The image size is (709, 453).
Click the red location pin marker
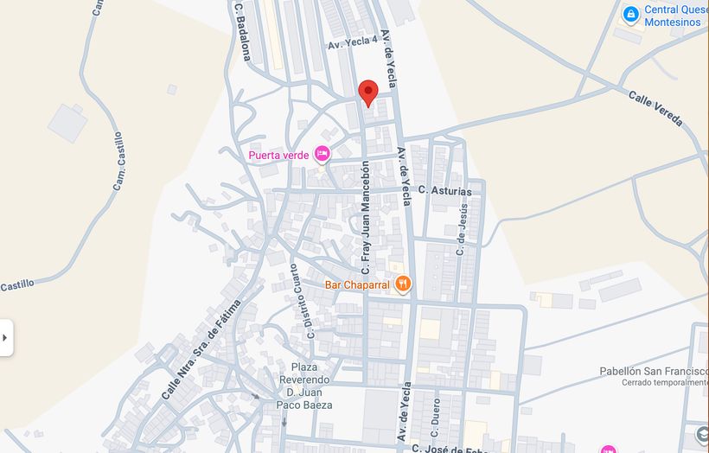368,92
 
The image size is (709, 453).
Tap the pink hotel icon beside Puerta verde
323,154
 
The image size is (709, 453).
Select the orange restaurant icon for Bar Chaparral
403,284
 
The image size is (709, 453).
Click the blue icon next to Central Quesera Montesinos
631,15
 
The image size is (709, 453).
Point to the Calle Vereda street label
655,108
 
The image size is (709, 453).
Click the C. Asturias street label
445,190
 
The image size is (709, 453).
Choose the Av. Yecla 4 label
352,41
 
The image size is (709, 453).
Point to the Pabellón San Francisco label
654,371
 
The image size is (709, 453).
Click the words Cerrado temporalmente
664,382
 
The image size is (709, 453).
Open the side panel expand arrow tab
6,337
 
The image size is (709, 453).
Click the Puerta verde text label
278,156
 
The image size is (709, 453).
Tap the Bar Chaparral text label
358,284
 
